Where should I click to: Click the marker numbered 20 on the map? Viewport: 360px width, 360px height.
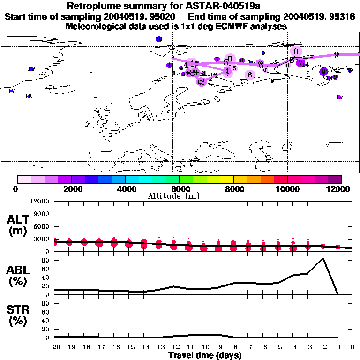158,39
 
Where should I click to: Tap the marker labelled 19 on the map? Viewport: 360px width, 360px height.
31,69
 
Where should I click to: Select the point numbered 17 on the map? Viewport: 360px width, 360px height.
11,91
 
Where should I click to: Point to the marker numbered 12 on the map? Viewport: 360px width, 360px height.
339,97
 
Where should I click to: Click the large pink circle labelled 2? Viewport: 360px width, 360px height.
202,82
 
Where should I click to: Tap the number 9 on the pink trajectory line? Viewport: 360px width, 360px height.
337,55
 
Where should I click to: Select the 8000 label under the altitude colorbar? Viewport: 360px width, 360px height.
233,189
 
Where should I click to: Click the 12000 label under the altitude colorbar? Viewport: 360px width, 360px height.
339,189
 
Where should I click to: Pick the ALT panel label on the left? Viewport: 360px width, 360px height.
19,225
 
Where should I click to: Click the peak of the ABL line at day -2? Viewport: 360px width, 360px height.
322,258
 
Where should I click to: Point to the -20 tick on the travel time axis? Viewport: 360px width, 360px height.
54,348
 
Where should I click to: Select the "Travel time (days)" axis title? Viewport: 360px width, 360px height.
205,355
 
